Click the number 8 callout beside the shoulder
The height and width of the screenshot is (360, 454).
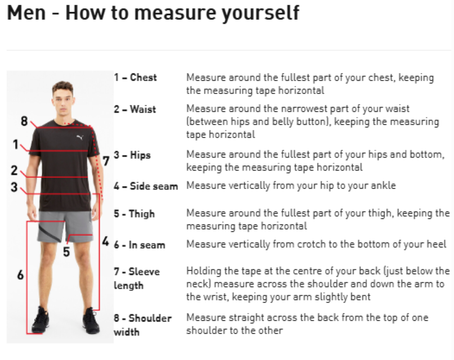24,121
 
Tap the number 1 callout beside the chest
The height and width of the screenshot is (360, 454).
16,145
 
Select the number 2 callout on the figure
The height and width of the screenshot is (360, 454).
14,170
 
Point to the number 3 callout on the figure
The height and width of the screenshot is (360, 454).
14,187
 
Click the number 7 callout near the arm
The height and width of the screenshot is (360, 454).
106,161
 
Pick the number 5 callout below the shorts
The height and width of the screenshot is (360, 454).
66,252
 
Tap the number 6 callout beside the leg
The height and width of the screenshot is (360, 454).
20,275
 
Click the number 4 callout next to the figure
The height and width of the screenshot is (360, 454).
106,241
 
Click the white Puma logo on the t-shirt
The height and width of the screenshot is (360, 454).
80,137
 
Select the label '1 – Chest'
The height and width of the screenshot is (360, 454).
135,78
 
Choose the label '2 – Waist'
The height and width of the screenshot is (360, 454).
134,109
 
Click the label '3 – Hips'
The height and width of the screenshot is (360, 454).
132,155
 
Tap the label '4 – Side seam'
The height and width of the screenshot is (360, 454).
146,186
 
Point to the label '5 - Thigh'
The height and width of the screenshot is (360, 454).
134,214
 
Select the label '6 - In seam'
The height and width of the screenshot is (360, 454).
140,245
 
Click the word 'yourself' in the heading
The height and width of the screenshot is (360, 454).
260,13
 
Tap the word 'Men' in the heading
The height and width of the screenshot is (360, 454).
26,13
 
